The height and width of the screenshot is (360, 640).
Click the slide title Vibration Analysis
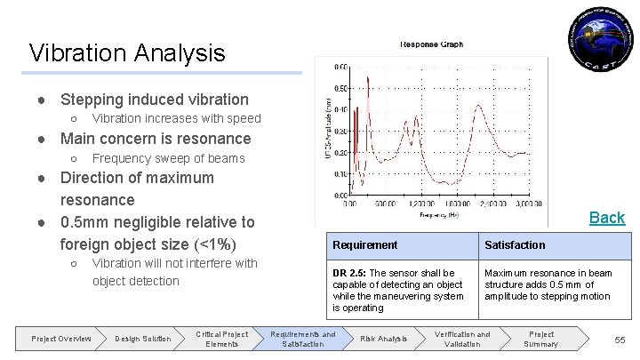127,53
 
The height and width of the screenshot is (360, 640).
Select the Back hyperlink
608,217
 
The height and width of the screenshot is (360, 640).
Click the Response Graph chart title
431,44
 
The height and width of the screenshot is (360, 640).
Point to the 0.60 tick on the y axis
340,66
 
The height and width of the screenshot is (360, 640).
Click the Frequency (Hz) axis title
442,214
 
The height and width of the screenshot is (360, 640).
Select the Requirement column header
365,244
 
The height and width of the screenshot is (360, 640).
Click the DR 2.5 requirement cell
396,290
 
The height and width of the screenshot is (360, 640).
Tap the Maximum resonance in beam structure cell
548,284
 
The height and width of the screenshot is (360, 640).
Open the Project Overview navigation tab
61,338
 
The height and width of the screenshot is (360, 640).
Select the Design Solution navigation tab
143,338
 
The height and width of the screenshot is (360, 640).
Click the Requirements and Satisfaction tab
303,338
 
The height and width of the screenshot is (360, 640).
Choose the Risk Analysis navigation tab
383,338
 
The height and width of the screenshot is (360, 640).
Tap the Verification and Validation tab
461,338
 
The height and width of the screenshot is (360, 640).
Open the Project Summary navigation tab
541,338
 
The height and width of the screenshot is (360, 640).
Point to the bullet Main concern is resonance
155,139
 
